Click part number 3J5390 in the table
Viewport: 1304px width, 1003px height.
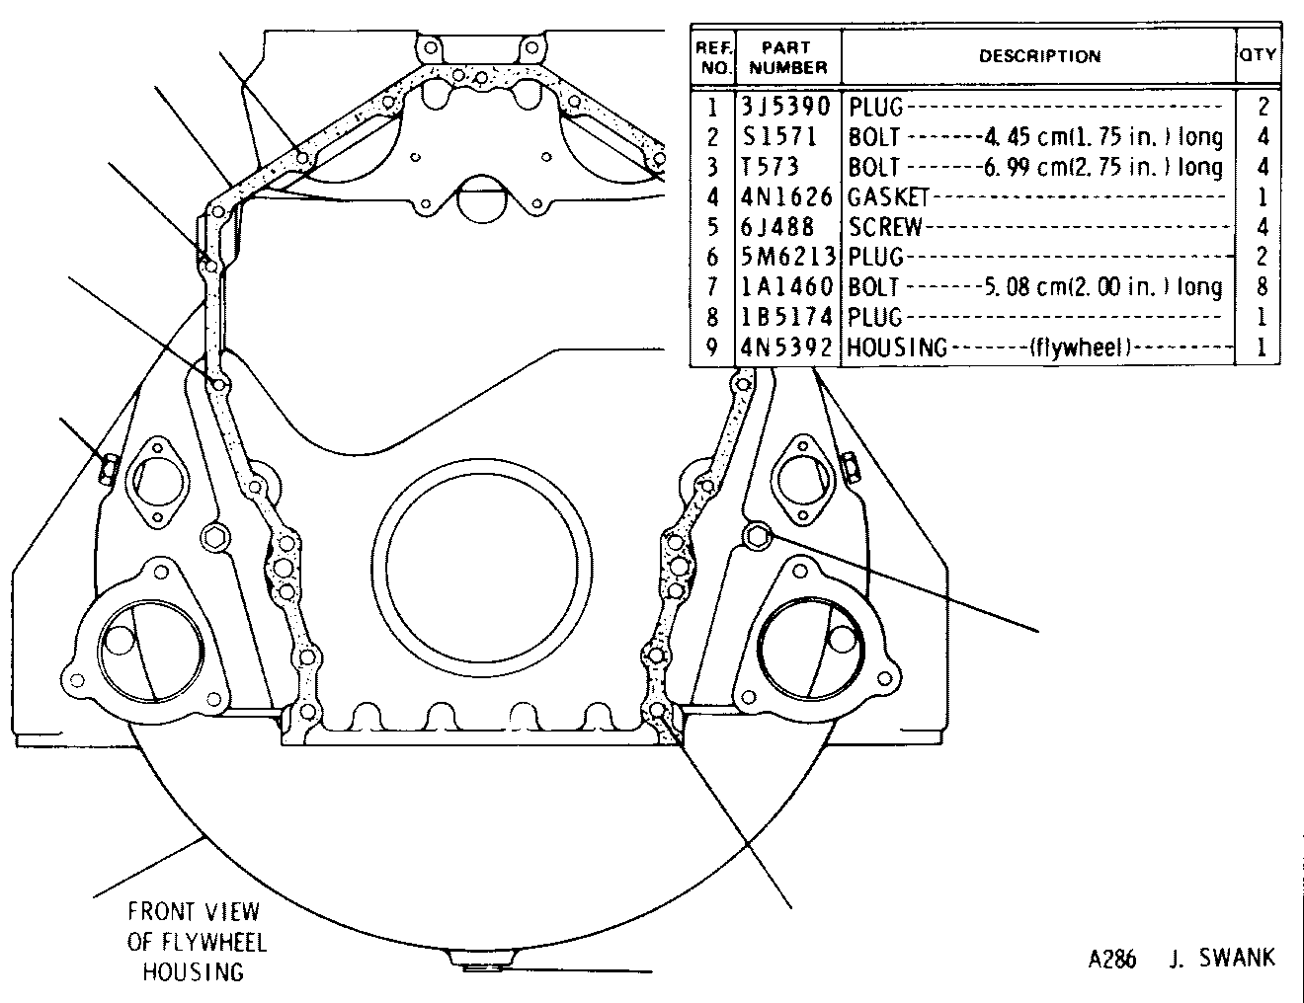click(x=785, y=107)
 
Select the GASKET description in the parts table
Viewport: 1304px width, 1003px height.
click(x=888, y=196)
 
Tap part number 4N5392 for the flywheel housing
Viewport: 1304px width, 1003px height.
click(x=786, y=347)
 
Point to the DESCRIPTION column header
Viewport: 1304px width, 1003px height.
click(x=1040, y=56)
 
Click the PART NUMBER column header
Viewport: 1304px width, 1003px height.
click(x=788, y=57)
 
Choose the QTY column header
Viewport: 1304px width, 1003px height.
click(x=1258, y=54)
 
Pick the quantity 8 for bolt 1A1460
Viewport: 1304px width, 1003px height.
click(x=1262, y=286)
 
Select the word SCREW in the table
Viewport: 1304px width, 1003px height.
click(x=885, y=227)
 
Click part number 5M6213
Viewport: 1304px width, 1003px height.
click(x=788, y=257)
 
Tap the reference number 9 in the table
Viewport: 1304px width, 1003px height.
click(x=712, y=347)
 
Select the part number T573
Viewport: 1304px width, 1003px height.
click(x=770, y=167)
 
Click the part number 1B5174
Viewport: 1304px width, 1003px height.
click(x=786, y=317)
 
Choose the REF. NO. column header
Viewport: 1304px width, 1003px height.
click(x=714, y=57)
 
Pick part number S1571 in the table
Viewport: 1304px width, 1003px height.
click(x=779, y=136)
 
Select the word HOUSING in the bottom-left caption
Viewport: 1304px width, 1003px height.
click(x=194, y=971)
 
